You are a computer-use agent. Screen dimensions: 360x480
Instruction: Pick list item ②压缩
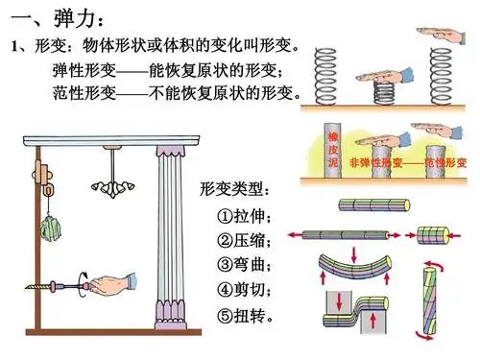[x=245, y=239]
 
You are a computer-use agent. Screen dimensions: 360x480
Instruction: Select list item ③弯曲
[x=245, y=264]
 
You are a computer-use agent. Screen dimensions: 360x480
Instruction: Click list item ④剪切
[x=245, y=288]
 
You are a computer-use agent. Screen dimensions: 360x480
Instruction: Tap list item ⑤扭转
[x=245, y=314]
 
